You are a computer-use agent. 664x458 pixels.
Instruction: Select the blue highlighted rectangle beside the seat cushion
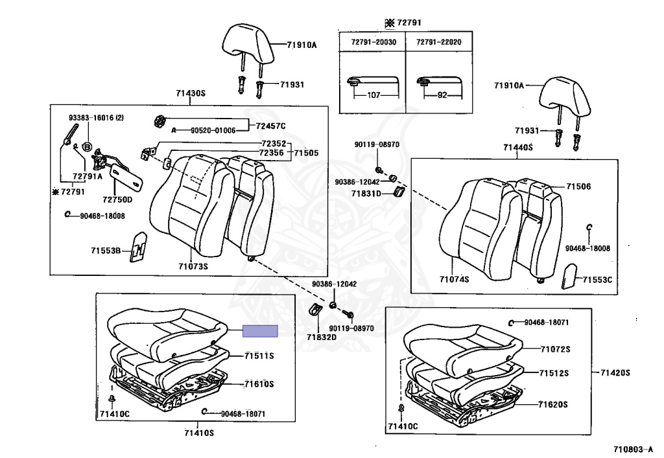(260, 331)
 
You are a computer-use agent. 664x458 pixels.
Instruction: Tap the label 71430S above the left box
(190, 94)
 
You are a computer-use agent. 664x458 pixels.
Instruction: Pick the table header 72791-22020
(438, 41)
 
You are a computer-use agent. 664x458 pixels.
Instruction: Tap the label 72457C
(270, 126)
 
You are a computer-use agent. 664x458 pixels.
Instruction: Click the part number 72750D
(117, 200)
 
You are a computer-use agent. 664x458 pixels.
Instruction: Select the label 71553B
(105, 250)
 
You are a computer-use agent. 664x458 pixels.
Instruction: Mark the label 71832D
(322, 337)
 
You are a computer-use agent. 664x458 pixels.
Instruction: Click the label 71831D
(366, 193)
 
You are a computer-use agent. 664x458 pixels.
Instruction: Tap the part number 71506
(578, 187)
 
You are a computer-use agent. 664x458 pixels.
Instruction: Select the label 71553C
(597, 280)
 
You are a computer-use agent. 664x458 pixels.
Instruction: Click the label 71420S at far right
(615, 372)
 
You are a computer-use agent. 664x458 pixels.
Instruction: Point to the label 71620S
(552, 404)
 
